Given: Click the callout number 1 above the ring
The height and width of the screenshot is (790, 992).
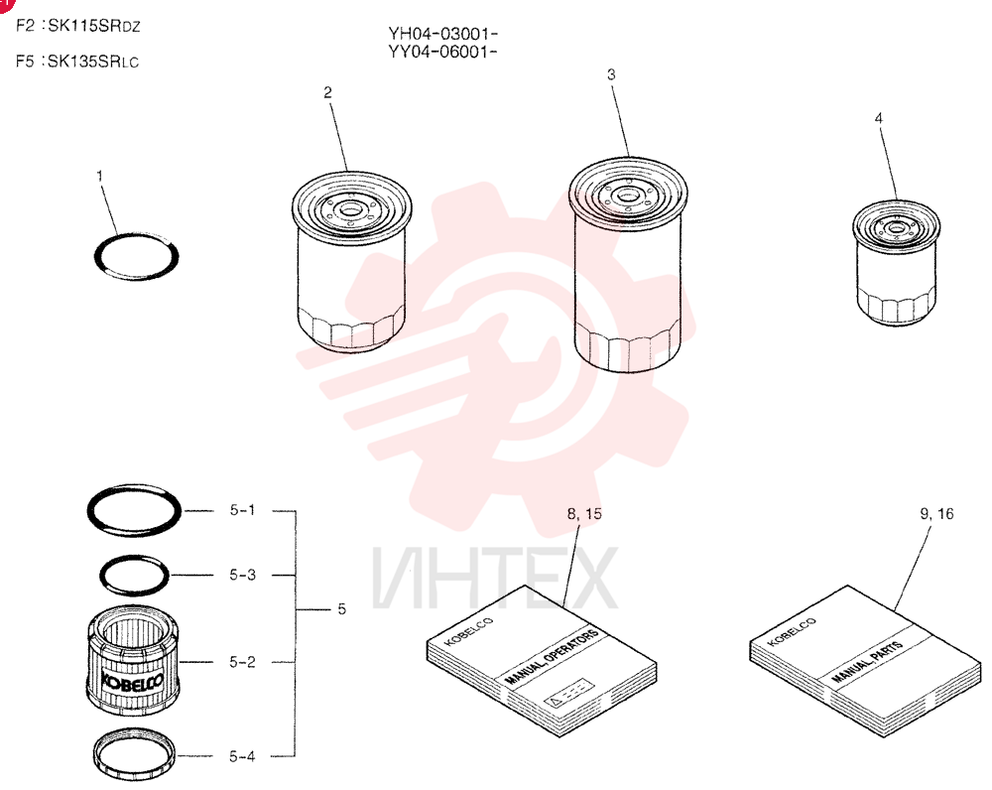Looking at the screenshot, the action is [x=99, y=176].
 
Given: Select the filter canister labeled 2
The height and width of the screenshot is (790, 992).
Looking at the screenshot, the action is [x=351, y=261].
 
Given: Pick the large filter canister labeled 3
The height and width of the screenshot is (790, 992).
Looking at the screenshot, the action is [x=628, y=265].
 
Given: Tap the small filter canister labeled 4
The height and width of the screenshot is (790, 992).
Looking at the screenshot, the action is [x=896, y=263].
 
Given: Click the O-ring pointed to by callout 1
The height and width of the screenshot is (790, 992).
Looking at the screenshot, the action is [x=96, y=256].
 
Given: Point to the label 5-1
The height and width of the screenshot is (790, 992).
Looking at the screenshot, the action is [x=242, y=510].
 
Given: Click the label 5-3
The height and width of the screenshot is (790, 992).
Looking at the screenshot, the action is [x=242, y=575].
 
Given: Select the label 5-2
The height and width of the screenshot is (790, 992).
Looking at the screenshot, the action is [x=242, y=662].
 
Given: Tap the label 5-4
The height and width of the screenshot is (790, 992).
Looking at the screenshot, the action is [x=242, y=756].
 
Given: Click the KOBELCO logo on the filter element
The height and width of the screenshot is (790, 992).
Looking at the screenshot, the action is [x=132, y=681].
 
